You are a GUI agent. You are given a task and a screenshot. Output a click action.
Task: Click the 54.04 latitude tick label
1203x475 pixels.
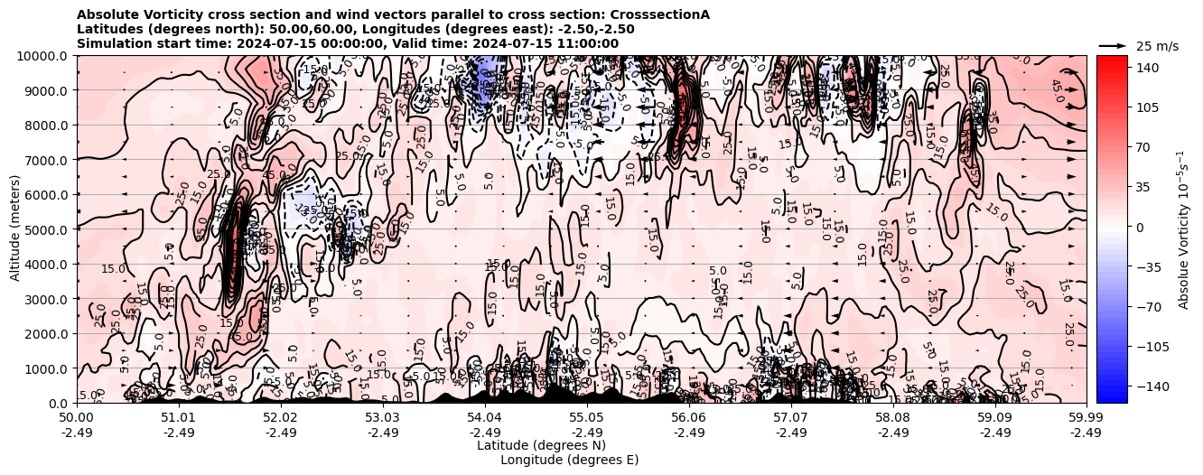(485, 418)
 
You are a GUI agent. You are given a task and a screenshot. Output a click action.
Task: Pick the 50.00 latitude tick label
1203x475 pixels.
(77, 418)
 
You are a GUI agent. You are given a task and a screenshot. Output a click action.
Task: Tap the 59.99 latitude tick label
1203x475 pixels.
(1086, 418)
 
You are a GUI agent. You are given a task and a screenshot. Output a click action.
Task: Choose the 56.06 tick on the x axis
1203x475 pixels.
(689, 418)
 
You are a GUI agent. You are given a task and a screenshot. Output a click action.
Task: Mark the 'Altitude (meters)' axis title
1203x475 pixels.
(15, 229)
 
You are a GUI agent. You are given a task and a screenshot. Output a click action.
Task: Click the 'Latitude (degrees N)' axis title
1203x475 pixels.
(541, 445)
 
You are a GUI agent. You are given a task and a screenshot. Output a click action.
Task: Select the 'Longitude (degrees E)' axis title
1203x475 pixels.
(569, 460)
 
